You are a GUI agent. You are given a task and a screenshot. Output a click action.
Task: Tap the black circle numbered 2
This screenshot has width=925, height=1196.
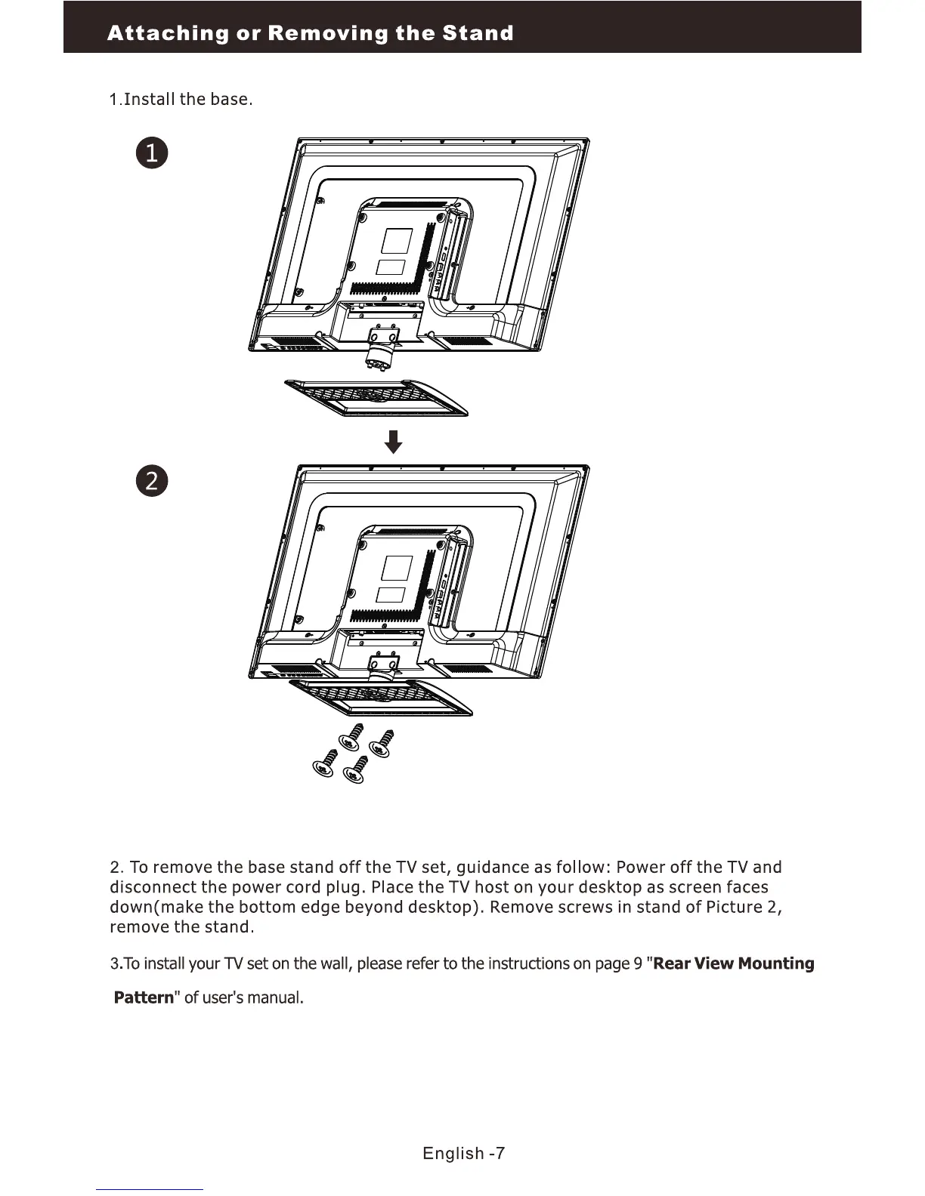click(x=151, y=481)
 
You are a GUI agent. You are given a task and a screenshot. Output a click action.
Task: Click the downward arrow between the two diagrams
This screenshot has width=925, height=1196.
click(x=393, y=442)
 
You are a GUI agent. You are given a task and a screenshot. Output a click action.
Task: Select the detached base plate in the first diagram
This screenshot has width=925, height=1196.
click(x=376, y=398)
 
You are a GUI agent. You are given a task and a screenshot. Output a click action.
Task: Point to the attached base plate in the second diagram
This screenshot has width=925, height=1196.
click(x=382, y=697)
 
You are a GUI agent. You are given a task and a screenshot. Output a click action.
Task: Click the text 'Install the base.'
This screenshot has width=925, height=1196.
click(x=187, y=100)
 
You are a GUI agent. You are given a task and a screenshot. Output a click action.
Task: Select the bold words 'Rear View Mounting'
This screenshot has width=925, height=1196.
click(x=733, y=963)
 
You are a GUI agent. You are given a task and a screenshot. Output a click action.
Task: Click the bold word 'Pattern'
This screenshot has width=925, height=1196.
click(x=144, y=997)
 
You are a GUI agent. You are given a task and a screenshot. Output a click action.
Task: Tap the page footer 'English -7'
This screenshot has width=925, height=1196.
click(x=463, y=1153)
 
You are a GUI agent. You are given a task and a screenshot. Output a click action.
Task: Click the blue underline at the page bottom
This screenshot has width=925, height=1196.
click(x=150, y=1189)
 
